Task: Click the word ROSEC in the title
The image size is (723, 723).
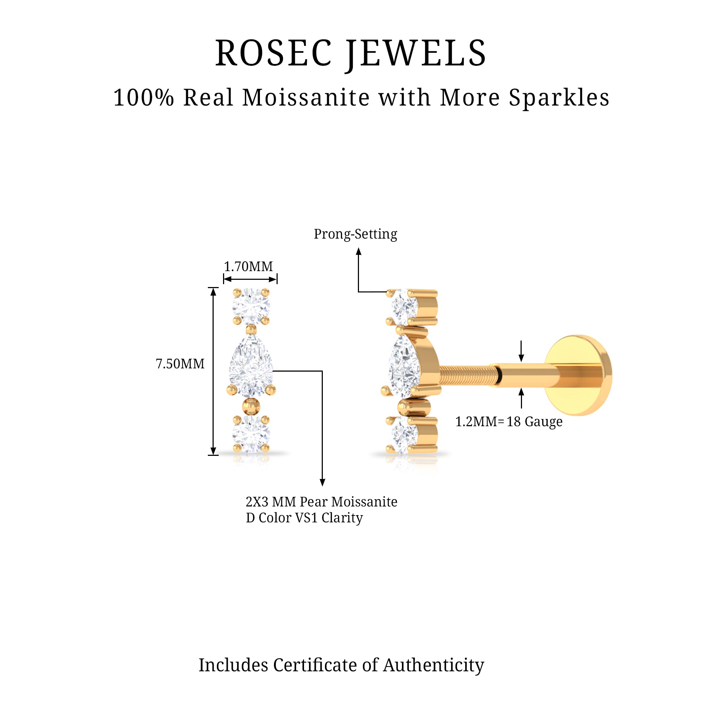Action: point(274,54)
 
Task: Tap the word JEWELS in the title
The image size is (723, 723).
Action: point(416,54)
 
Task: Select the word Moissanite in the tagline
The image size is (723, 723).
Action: point(306,98)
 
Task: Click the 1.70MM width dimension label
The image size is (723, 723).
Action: point(248,266)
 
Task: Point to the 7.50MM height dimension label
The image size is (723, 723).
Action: point(180,364)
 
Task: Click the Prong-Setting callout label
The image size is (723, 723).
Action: point(355,234)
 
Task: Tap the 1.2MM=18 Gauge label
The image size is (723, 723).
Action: point(509,422)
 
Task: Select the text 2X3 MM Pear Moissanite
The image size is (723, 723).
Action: point(321,502)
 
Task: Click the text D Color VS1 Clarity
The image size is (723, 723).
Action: point(304,518)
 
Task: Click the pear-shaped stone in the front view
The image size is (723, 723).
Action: point(251,367)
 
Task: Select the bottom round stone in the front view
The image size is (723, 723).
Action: point(251,434)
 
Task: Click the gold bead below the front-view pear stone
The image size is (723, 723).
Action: point(251,406)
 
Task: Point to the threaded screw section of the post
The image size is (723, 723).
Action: point(468,375)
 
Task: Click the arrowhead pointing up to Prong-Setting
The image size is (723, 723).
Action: point(359,252)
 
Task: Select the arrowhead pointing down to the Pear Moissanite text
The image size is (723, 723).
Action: point(322,482)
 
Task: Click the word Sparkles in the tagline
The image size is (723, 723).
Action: point(559,98)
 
